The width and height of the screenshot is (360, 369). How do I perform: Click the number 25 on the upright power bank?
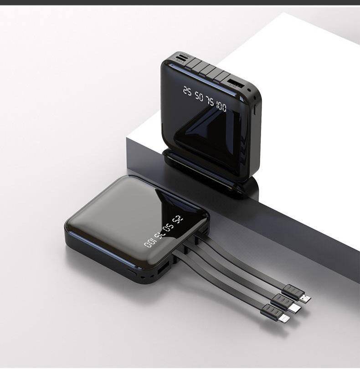point(187,90)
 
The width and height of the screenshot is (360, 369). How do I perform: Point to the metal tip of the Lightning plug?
point(284,318)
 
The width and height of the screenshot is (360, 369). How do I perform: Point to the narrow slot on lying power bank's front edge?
point(133,272)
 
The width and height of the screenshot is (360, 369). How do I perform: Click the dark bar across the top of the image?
point(180,2)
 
